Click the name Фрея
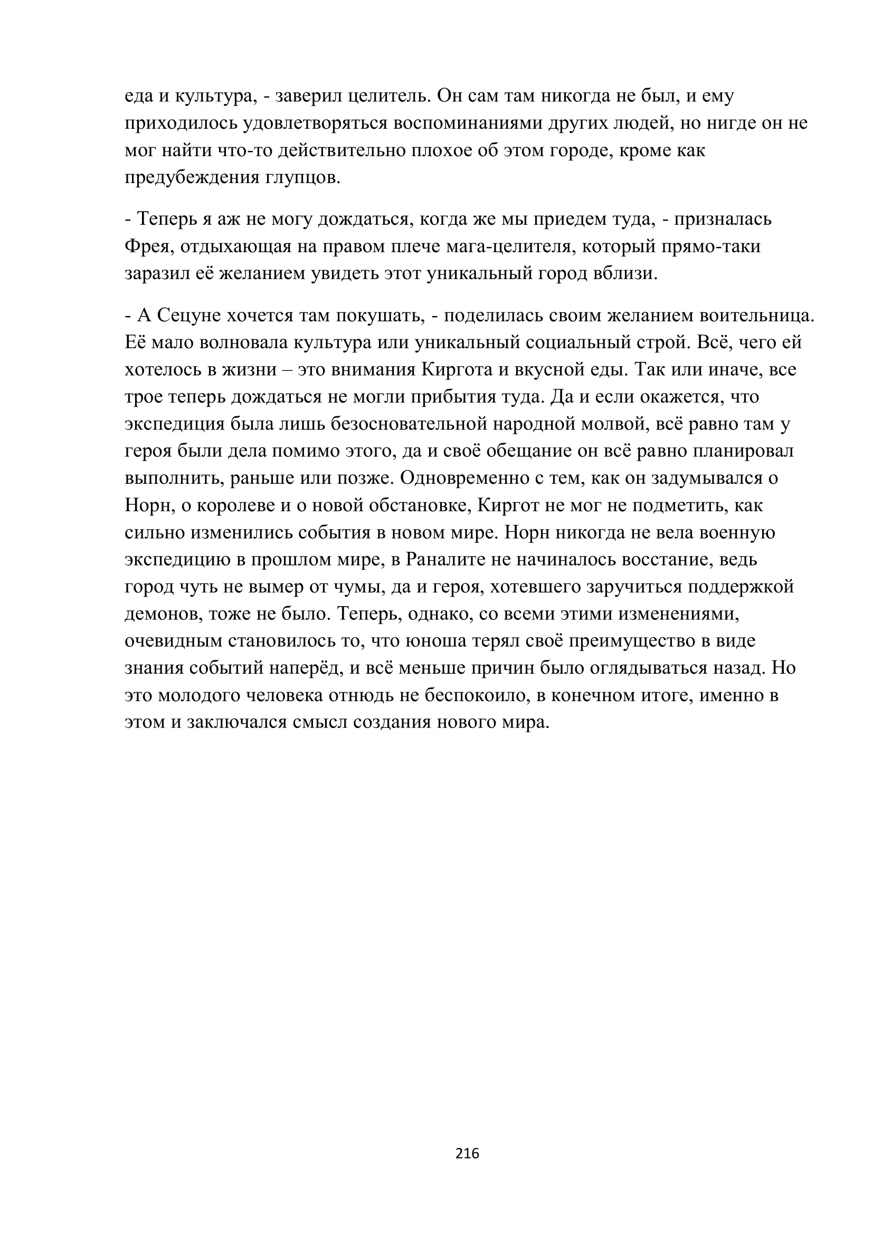point(147,247)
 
